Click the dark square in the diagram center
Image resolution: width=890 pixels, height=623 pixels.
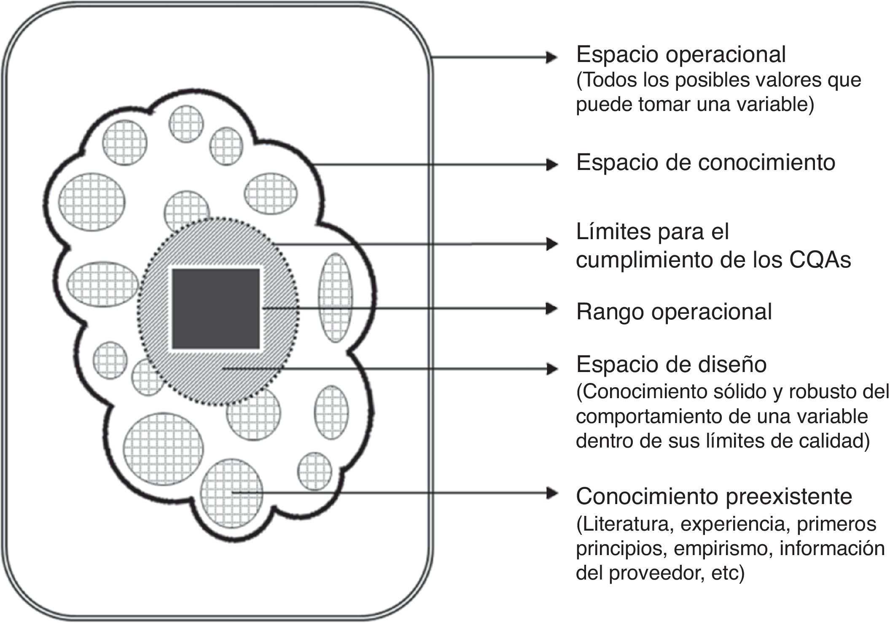tap(215, 309)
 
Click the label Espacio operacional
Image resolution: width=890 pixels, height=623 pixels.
tap(681, 55)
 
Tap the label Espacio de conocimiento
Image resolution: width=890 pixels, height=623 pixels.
tap(705, 163)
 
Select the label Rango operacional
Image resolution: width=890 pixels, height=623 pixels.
tap(674, 312)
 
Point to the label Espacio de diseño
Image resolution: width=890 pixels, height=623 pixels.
tap(671, 365)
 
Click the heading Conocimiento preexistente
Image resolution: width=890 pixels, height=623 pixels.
tap(714, 496)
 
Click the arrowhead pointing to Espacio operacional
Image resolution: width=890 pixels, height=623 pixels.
tap(551, 57)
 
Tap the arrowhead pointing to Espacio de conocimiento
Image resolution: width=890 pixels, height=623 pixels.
tap(551, 165)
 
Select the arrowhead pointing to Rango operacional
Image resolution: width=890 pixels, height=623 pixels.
tap(551, 309)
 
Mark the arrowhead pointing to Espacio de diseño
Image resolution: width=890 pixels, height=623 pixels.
tap(551, 369)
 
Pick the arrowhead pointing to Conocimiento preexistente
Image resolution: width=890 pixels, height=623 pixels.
tap(551, 492)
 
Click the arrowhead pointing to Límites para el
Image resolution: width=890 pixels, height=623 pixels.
tap(551, 244)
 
